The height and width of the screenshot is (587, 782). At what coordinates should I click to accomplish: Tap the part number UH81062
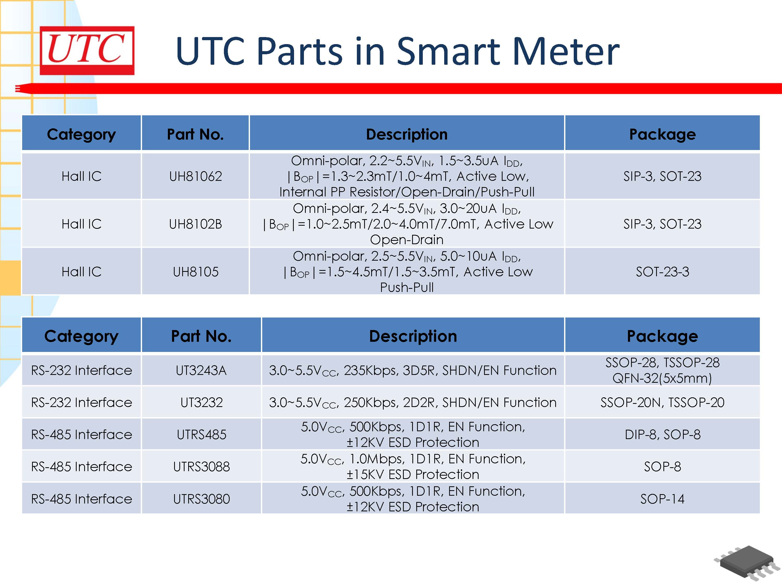click(x=195, y=176)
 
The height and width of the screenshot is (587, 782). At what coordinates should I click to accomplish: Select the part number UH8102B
click(x=195, y=224)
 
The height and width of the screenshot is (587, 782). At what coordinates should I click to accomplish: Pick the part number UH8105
click(x=195, y=272)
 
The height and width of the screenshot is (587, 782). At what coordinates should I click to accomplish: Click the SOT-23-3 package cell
click(x=662, y=272)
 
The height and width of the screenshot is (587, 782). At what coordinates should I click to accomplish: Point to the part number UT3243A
click(x=201, y=370)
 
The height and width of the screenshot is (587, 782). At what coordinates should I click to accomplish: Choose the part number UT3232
click(x=201, y=402)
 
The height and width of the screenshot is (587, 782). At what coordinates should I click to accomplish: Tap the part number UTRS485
click(x=201, y=434)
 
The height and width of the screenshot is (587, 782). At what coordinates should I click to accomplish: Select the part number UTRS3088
click(x=201, y=467)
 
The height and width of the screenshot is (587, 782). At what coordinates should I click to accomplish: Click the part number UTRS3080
click(x=201, y=499)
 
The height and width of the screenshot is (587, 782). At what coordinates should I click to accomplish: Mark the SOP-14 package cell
click(x=662, y=499)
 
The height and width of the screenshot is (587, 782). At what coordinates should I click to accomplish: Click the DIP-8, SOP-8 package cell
click(x=662, y=434)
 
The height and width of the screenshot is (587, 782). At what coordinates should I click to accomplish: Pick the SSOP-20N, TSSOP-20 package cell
click(x=662, y=402)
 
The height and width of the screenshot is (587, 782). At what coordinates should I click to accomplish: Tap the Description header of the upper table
click(x=407, y=134)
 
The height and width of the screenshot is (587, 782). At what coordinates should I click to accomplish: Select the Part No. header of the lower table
click(x=201, y=336)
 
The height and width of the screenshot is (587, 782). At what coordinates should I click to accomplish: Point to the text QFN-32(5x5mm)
click(x=662, y=378)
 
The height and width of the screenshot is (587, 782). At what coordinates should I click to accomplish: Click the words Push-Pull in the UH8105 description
click(x=407, y=287)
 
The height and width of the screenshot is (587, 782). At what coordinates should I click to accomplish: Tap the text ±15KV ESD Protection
click(x=413, y=475)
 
